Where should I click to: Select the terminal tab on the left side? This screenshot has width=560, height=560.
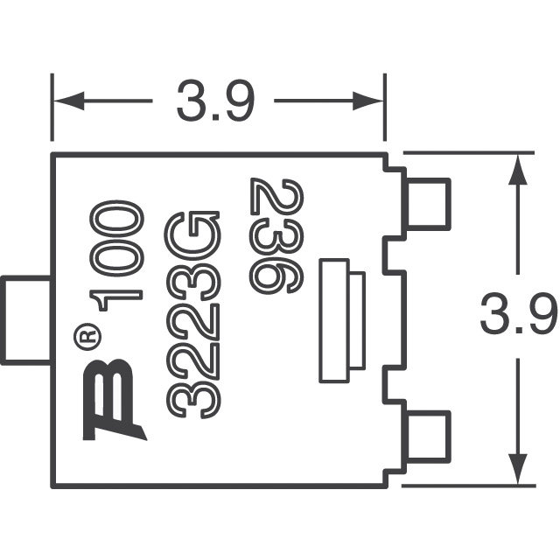(x=26, y=320)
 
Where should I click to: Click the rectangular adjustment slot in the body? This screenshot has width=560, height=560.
(x=339, y=319)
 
